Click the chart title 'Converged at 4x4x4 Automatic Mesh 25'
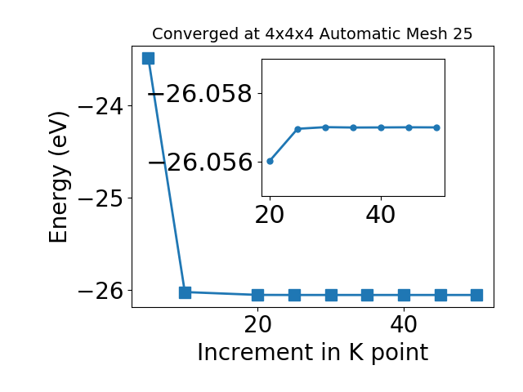(x=312, y=33)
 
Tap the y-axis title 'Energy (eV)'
(x=59, y=177)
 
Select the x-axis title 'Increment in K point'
(x=312, y=353)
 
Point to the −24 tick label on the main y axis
(x=101, y=106)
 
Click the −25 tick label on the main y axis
(x=101, y=198)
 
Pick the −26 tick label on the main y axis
(x=101, y=291)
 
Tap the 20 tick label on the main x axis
(x=257, y=324)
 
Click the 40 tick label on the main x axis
(x=404, y=324)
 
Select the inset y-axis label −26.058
(x=200, y=94)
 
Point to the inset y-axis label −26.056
(x=200, y=163)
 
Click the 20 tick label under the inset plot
(x=270, y=215)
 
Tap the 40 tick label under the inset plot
(x=381, y=215)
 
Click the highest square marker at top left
(x=148, y=58)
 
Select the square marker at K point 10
(x=186, y=292)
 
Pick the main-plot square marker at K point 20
(x=257, y=295)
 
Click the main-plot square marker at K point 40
(x=404, y=295)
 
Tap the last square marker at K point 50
(x=476, y=295)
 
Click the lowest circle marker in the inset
(x=270, y=162)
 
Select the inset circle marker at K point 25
(x=297, y=129)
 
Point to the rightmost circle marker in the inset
(x=436, y=127)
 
